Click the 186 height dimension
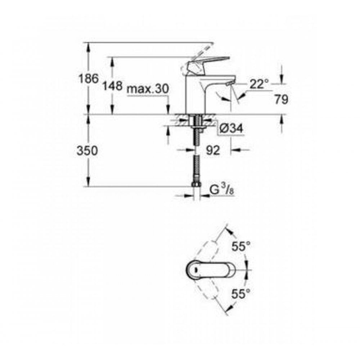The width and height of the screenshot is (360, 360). click(x=89, y=78)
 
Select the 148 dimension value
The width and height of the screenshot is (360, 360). click(x=112, y=86)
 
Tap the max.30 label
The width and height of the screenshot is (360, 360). click(x=148, y=89)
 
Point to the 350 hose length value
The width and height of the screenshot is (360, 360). click(x=87, y=151)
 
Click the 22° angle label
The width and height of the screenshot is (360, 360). click(x=259, y=84)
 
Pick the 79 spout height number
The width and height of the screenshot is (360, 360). click(x=281, y=100)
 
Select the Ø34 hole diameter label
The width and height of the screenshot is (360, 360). click(x=231, y=129)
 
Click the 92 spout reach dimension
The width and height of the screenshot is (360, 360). click(x=213, y=151)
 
